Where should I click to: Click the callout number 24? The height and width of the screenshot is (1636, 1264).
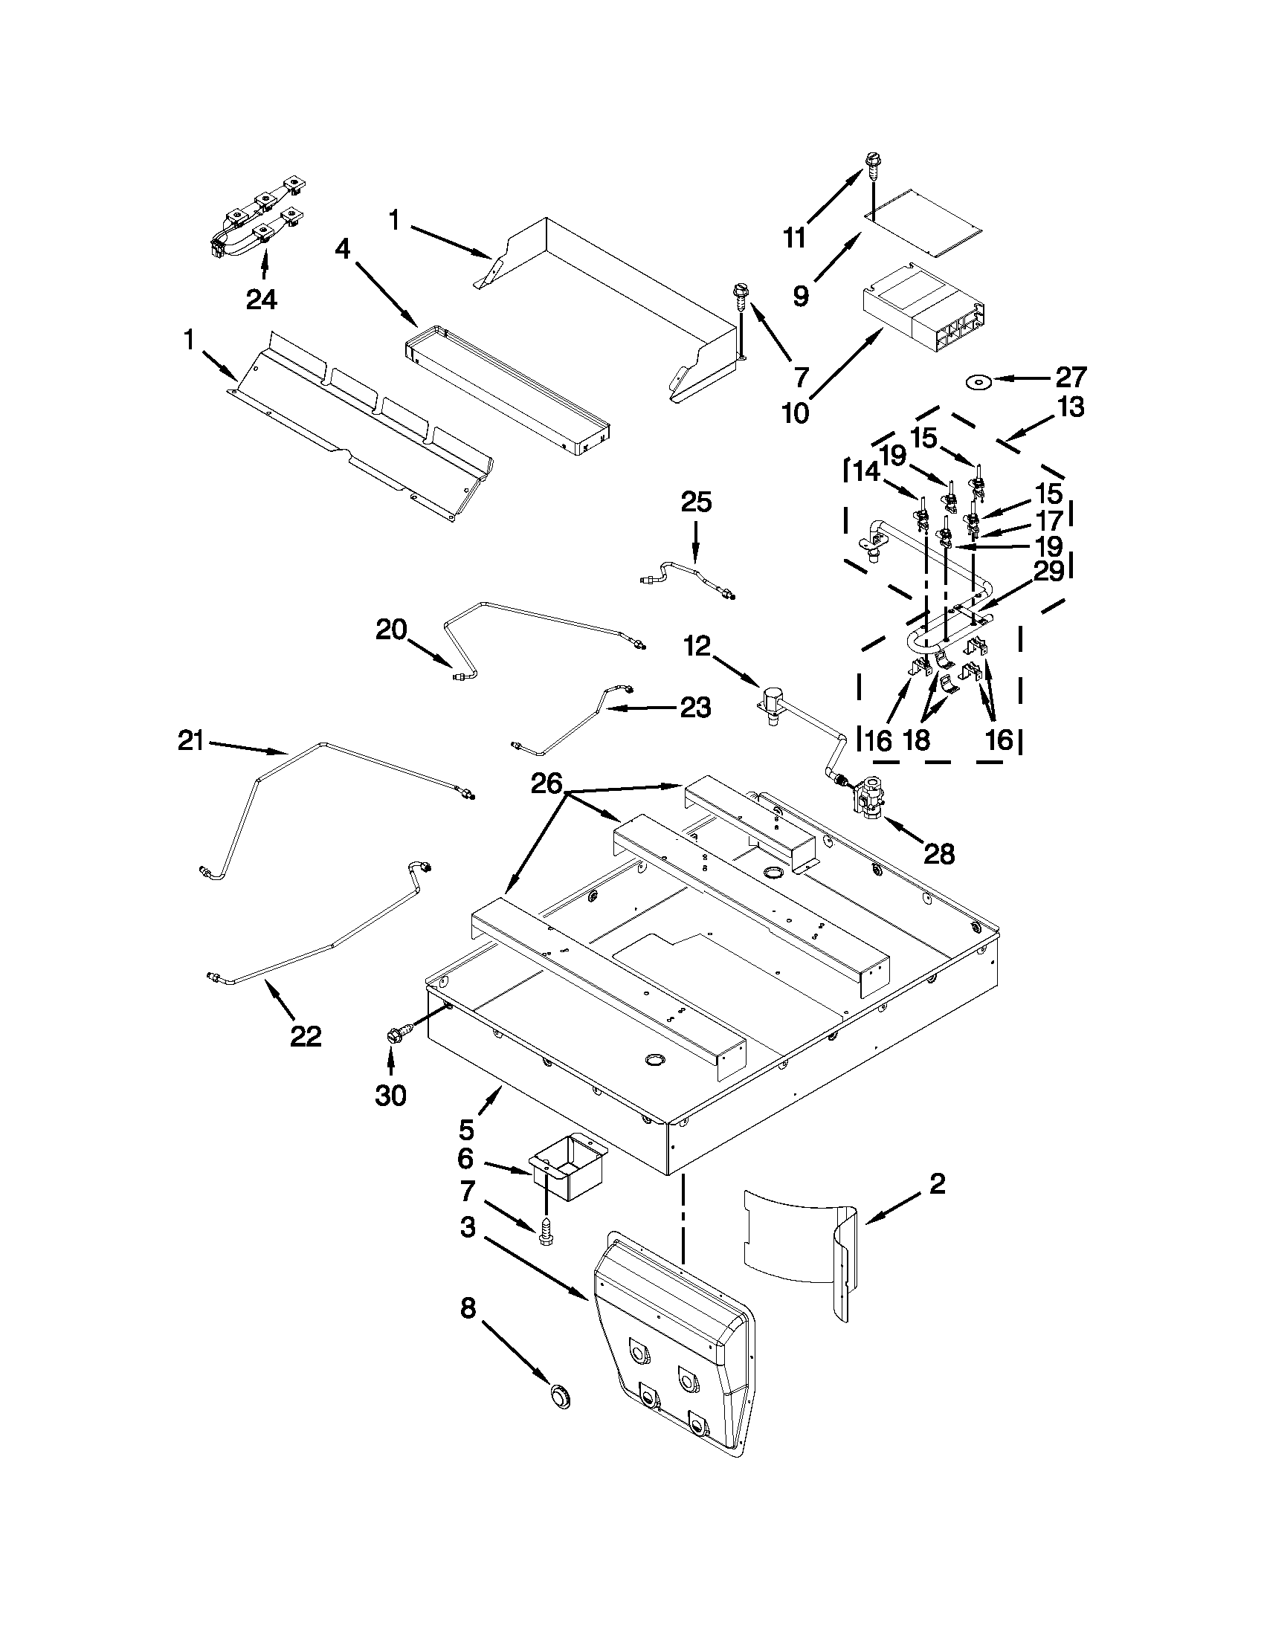pos(262,300)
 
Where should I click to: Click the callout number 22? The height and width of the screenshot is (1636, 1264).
pos(306,1037)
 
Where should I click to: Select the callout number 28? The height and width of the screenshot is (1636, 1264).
pos(939,853)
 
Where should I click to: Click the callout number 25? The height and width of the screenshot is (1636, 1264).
pos(696,502)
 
